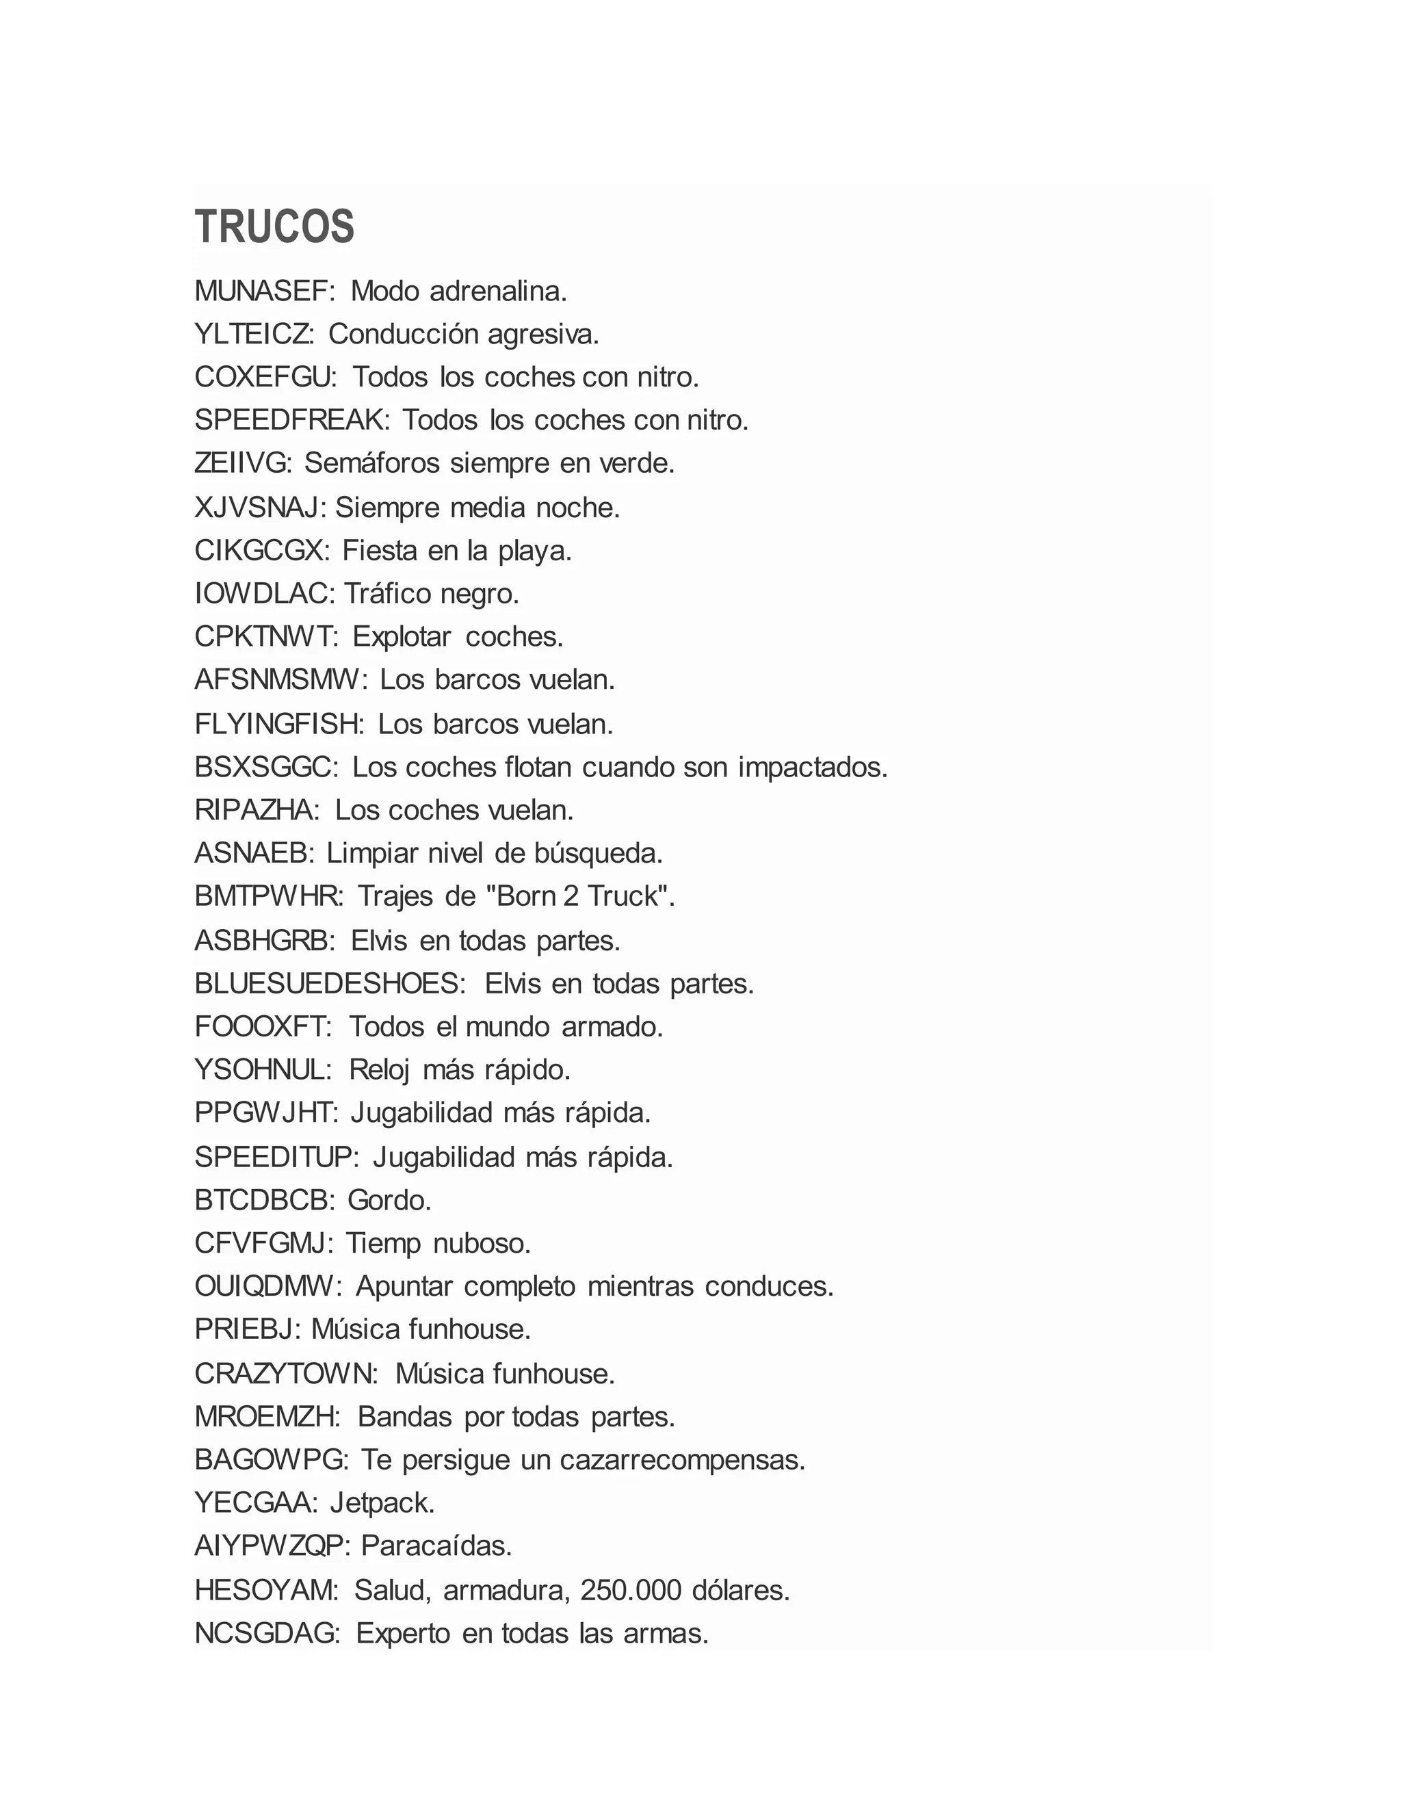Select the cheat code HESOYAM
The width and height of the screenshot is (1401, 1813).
[x=264, y=1591]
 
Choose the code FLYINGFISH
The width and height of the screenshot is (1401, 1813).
[x=277, y=725]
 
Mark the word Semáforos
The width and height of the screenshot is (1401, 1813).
[x=372, y=464]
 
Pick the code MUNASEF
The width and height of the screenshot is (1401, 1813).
[x=261, y=291]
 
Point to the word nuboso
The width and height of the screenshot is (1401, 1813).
[x=482, y=1244]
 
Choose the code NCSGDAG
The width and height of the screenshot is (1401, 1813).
[x=265, y=1634]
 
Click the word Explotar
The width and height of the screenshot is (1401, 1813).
[x=402, y=637]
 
